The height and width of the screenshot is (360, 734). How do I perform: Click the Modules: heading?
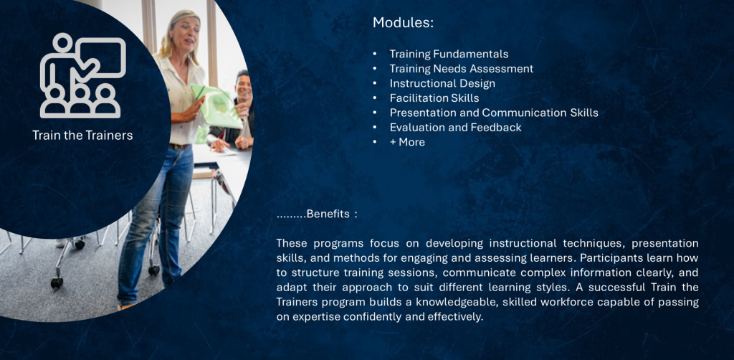tap(403, 23)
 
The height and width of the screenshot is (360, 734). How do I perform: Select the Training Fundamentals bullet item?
tap(449, 55)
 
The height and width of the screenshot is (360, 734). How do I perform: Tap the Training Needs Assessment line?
tap(462, 69)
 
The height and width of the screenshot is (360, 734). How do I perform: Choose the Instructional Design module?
tap(442, 83)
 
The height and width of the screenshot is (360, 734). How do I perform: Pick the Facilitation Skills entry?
tap(434, 98)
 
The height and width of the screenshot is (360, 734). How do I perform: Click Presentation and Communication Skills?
tap(494, 113)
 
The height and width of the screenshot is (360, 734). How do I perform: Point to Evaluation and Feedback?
tap(455, 128)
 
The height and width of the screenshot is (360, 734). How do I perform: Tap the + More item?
tap(407, 142)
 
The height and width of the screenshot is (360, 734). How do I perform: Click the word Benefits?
tap(328, 214)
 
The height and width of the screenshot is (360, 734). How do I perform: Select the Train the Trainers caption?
tap(82, 136)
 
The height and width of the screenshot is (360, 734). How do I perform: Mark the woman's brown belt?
tap(179, 146)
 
